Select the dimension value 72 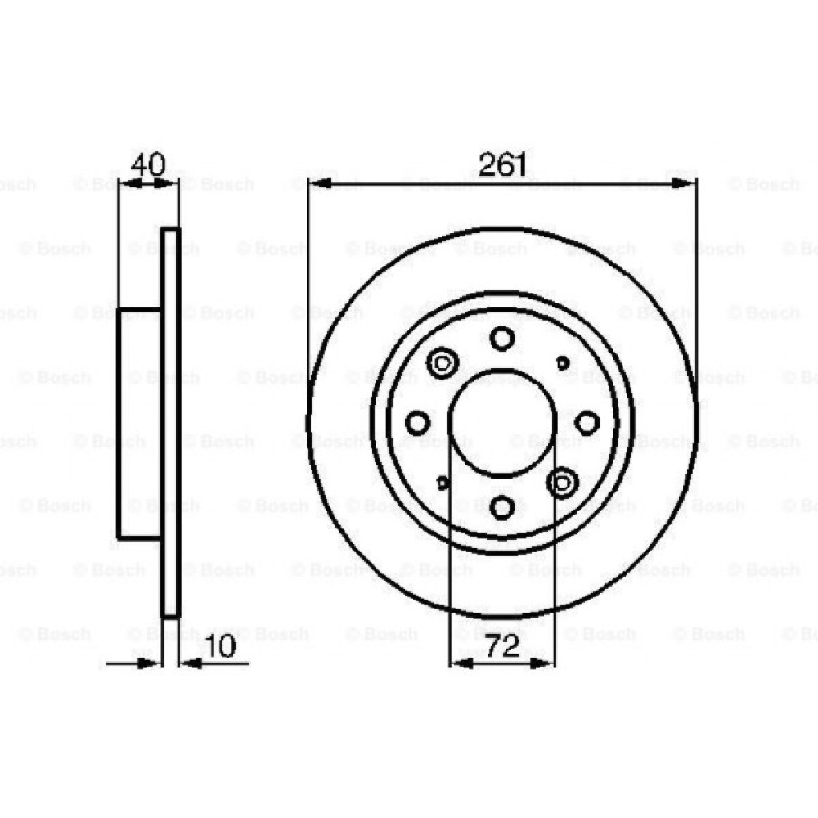[502, 647]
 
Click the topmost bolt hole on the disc [502, 338]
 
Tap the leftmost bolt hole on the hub [418, 423]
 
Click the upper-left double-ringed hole [443, 362]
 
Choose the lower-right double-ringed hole [563, 483]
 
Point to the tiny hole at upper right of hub [563, 362]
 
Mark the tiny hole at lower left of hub [443, 483]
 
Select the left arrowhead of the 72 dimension [461, 663]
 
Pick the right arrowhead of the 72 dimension [542, 663]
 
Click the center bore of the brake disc [502, 423]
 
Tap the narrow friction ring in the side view [170, 423]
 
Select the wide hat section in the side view [140, 423]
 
